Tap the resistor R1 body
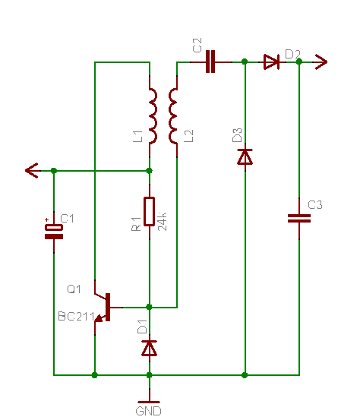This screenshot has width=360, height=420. tap(149, 212)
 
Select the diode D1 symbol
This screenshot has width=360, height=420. tap(149, 348)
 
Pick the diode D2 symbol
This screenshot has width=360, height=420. tap(271, 62)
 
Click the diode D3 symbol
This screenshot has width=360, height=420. tap(245, 156)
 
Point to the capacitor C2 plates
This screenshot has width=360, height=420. tap(210, 62)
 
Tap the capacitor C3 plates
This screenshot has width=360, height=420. tap(299, 218)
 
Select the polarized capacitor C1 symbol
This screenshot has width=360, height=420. tap(54, 232)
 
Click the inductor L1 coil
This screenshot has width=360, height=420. tap(153, 116)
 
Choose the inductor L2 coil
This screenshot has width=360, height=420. tap(173, 116)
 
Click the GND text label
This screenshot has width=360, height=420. tap(148, 411)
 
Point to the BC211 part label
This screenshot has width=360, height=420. tap(77, 317)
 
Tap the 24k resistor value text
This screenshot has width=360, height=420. tap(162, 222)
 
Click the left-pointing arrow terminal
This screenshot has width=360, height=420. tap(33, 170)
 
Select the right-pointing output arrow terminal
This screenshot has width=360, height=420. tap(321, 62)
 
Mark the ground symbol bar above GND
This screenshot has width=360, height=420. tap(149, 402)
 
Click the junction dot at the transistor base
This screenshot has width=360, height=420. tap(149, 307)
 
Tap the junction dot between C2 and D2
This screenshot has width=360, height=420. tap(245, 62)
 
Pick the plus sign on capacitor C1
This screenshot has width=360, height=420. tap(47, 220)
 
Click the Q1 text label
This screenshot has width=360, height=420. tap(74, 289)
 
